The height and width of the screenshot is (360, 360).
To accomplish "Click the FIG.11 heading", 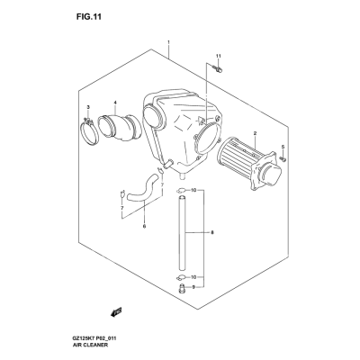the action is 89,17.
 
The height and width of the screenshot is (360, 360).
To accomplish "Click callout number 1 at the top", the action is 168,42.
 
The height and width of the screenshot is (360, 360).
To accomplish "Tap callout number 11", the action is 218,56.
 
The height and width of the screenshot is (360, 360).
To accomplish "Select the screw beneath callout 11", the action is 219,69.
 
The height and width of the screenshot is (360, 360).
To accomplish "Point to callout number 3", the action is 88,107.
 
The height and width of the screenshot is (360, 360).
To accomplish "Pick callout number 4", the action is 114,103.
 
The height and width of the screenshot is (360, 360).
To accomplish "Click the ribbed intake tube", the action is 120,127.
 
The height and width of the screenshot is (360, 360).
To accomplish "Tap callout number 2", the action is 255,133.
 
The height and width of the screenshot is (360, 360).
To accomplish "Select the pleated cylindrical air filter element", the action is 250,166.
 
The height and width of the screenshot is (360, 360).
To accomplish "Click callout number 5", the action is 283,147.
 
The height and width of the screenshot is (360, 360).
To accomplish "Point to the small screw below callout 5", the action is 283,158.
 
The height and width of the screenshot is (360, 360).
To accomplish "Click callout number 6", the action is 144,226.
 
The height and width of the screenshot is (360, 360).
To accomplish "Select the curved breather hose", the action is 143,190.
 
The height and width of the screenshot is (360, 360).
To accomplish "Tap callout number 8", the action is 212,232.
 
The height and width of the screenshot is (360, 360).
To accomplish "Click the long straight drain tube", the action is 182,233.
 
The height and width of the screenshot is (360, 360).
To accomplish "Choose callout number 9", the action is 193,287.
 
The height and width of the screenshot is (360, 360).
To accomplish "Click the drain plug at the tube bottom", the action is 182,288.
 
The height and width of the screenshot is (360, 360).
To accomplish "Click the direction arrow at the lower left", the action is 115,311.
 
